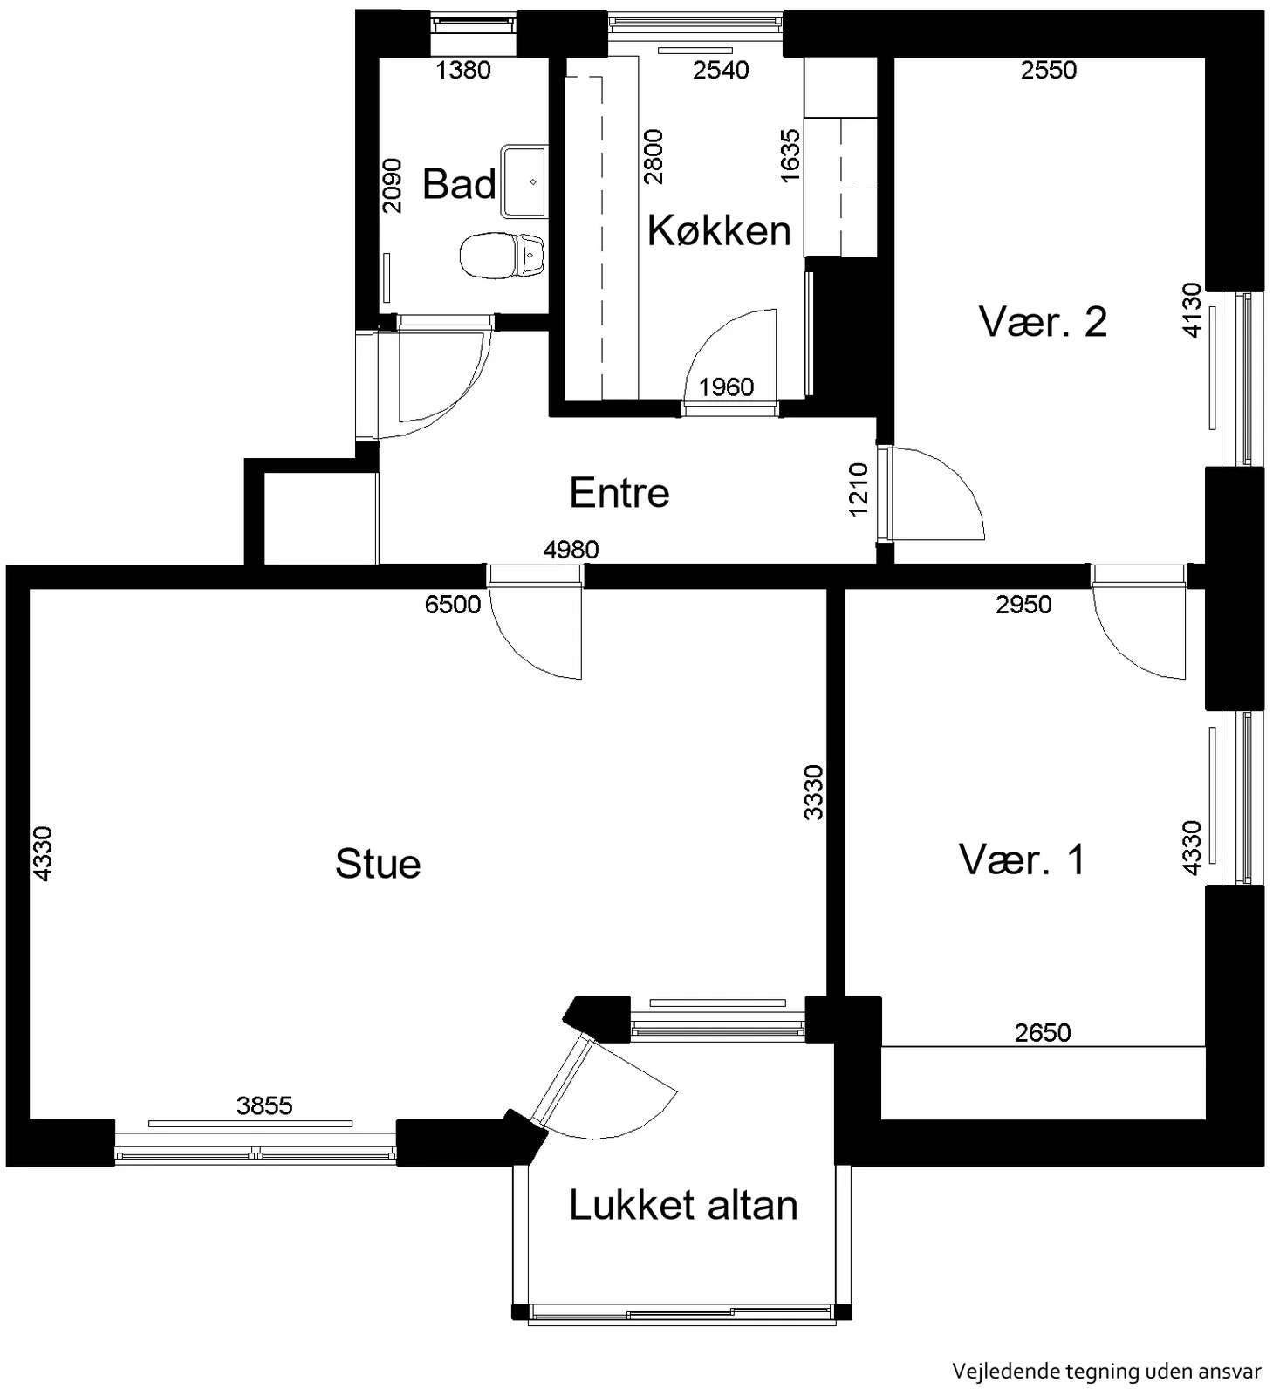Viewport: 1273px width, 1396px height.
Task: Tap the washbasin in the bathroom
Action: [524, 181]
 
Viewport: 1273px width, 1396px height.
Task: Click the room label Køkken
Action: [719, 230]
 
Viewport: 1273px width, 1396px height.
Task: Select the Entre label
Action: [619, 493]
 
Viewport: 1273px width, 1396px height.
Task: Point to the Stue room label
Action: [378, 864]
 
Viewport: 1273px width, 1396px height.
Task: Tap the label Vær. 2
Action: [1043, 322]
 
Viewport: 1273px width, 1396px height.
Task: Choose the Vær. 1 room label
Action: [1022, 859]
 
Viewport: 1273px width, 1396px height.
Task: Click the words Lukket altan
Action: [683, 1205]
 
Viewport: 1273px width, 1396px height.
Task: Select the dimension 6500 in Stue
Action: [453, 604]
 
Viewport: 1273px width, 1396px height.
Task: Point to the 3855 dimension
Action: [264, 1105]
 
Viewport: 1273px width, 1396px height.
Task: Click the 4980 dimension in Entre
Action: [571, 550]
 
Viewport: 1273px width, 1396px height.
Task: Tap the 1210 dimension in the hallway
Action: [859, 489]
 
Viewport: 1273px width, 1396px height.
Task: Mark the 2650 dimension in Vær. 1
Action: [1043, 1032]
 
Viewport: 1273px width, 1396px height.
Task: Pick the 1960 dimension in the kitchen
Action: [727, 387]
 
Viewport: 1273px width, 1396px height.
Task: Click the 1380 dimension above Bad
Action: [463, 70]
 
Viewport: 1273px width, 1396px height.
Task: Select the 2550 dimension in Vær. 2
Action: [1049, 70]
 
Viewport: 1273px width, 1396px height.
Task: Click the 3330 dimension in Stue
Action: [812, 792]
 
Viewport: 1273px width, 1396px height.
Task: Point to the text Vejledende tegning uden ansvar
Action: [1106, 1372]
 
